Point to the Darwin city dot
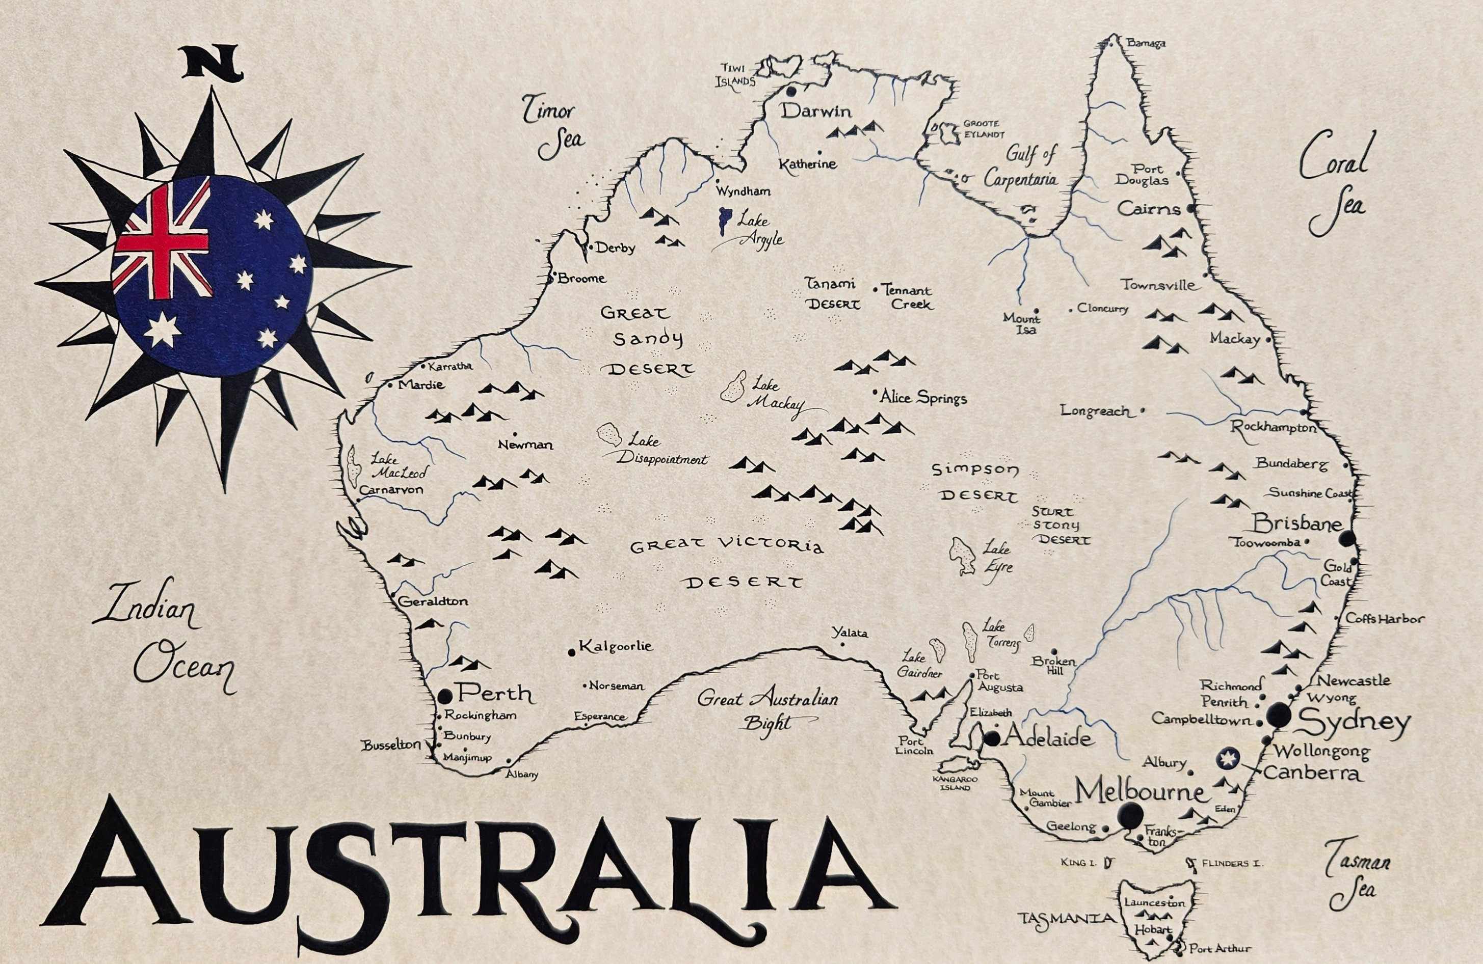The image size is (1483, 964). [x=791, y=91]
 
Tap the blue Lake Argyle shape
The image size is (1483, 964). [x=724, y=221]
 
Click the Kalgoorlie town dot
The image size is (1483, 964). [x=571, y=652]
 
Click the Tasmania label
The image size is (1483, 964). [x=1066, y=919]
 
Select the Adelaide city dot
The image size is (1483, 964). [x=992, y=738]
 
